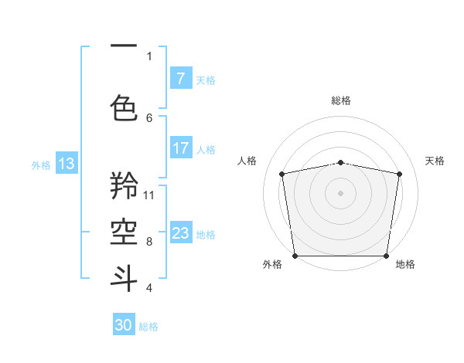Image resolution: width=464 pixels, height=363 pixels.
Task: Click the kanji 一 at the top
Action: (125, 46)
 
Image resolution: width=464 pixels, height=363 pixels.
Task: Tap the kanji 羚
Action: (125, 185)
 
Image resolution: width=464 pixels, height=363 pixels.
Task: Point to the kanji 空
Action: (125, 231)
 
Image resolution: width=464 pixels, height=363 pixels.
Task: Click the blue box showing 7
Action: (180, 79)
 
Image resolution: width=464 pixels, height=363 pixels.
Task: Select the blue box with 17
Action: (180, 148)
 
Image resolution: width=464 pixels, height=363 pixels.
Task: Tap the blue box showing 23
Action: (180, 233)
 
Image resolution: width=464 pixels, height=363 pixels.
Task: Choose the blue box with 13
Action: (66, 164)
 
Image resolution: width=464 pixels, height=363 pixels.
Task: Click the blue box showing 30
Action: (124, 325)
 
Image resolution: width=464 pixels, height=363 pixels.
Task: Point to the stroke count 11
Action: (149, 195)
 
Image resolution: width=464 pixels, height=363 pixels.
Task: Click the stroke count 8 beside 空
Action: (149, 241)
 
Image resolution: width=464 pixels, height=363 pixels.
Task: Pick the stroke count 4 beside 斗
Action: (149, 287)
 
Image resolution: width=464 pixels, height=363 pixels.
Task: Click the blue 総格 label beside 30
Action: (148, 327)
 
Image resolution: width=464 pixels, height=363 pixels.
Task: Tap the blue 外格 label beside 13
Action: (40, 165)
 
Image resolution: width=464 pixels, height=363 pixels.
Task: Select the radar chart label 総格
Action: (340, 100)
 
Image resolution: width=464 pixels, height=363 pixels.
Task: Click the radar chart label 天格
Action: (435, 161)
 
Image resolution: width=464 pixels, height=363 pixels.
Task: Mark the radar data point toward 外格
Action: (295, 256)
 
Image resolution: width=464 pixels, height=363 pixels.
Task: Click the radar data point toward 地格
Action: (386, 256)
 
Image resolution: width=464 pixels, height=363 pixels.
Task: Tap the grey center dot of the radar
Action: (340, 192)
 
